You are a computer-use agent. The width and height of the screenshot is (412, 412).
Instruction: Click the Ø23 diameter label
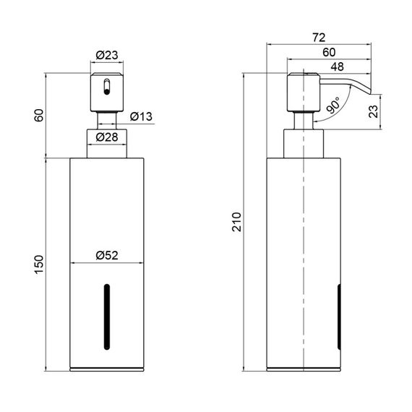point(107,55)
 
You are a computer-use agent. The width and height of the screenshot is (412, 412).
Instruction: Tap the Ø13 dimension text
point(141,116)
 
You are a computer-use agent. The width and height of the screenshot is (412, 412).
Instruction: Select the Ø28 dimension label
point(107,137)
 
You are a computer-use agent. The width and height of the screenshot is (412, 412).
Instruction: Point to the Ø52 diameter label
point(107,255)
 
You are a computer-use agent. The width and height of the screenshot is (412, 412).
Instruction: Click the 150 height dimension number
point(39,265)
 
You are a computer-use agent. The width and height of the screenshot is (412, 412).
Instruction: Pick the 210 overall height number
point(237,222)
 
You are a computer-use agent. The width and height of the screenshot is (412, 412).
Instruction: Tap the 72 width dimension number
point(319,38)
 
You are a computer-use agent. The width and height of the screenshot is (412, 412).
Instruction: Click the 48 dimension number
point(337,66)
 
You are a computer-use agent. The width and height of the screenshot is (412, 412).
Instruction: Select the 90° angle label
point(334,105)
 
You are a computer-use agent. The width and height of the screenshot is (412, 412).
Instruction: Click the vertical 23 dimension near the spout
point(374,111)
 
